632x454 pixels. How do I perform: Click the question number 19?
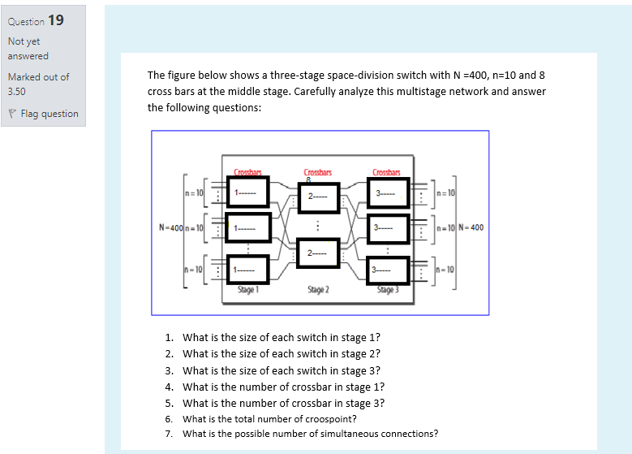[x=55, y=19]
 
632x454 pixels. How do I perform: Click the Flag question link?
[x=49, y=114]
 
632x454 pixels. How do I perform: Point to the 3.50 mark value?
[x=17, y=92]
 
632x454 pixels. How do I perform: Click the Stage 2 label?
[x=318, y=289]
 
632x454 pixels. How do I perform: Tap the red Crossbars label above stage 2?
[x=317, y=171]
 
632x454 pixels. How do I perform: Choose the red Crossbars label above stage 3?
[x=387, y=171]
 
